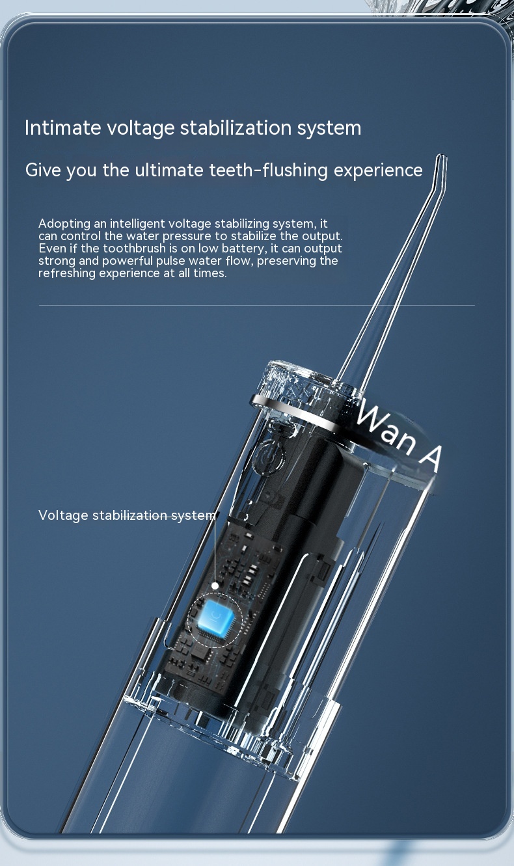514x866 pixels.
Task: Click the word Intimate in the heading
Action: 62,128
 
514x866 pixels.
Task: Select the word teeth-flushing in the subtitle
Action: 269,170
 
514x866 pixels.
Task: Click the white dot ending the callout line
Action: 215,586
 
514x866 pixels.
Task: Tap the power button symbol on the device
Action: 269,457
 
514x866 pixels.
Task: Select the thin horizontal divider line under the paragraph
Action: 256,305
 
